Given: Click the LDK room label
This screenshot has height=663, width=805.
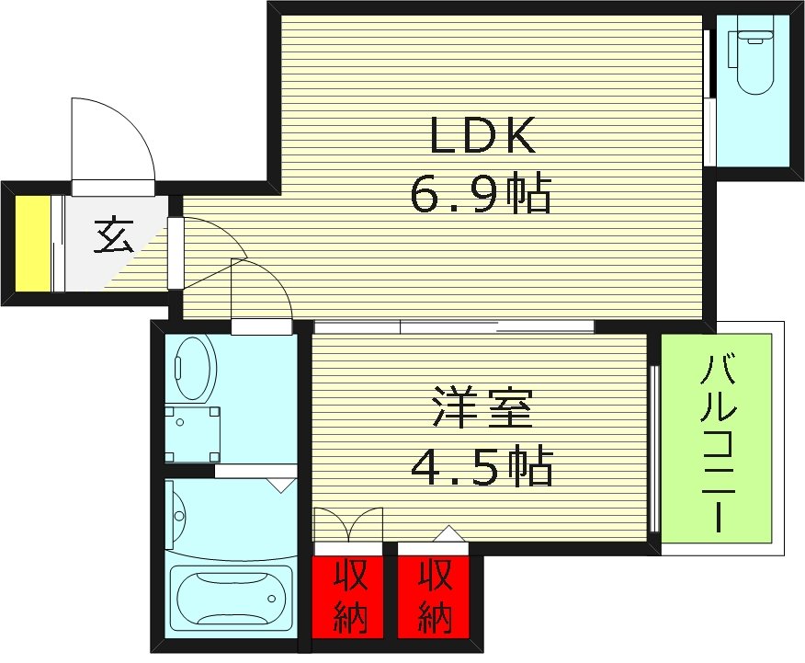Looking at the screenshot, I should tap(482, 138).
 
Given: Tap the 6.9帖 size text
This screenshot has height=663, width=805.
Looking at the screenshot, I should tap(482, 195).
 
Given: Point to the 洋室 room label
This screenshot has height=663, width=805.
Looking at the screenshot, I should tap(482, 411).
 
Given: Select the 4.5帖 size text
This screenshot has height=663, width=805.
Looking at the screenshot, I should tap(482, 469).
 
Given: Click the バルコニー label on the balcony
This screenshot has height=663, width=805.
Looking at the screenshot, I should tap(717, 441).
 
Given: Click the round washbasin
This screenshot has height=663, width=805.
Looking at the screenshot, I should tap(193, 363).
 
